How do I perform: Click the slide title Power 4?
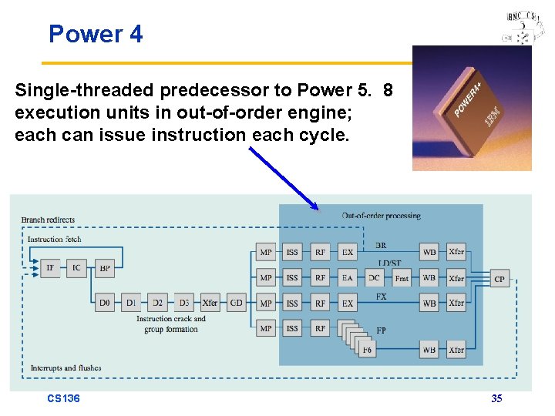[96, 34]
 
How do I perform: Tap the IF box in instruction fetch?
[50, 269]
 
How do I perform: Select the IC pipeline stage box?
[77, 269]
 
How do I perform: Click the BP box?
[105, 269]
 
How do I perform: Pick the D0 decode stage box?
[106, 303]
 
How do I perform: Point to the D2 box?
[157, 303]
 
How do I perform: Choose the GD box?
[236, 303]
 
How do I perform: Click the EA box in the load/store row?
[348, 277]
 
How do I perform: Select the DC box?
[374, 277]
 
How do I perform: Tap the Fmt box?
[402, 277]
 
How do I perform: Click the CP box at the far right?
[499, 278]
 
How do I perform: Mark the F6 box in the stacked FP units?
[368, 350]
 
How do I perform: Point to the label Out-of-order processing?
[381, 216]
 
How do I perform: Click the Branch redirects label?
[48, 220]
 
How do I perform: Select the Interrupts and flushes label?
[66, 368]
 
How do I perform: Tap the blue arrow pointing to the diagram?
[283, 178]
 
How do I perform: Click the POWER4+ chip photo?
[471, 108]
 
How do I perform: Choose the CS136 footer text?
[63, 398]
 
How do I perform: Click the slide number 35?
[496, 398]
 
